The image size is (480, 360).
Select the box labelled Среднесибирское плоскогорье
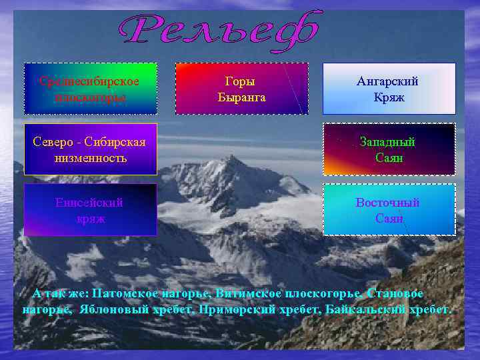point(91,89)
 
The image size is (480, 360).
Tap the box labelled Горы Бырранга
point(241,89)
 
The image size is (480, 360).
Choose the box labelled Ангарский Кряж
point(389,89)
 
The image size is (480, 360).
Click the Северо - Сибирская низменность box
point(91,150)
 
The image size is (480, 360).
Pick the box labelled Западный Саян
point(389,150)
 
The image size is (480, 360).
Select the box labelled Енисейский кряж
point(91,209)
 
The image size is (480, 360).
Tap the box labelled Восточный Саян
point(389,209)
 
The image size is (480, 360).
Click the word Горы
point(241,81)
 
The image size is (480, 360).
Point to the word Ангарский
point(388,81)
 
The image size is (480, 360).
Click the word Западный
point(388,142)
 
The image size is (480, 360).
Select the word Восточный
point(388,202)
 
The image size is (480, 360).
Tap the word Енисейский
point(91,202)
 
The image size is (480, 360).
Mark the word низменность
point(91,159)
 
